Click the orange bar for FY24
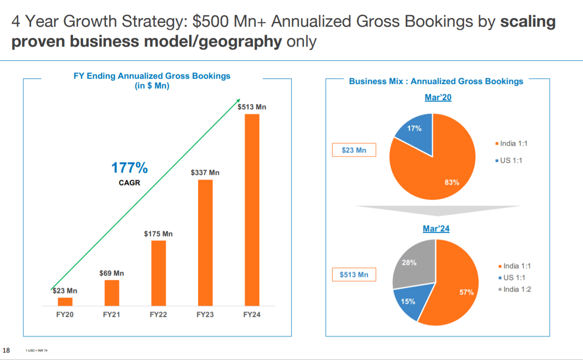(x=252, y=209)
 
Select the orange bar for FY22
(x=158, y=273)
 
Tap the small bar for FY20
(x=65, y=301)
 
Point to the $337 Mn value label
(x=205, y=172)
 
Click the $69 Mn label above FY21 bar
(x=111, y=273)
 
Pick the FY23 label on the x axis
(x=205, y=315)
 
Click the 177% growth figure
(x=130, y=168)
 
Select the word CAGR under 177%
(x=130, y=183)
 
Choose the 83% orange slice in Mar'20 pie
(x=437, y=170)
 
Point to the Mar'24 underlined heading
(x=435, y=228)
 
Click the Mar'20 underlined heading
(x=438, y=97)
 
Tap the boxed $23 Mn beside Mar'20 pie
(x=354, y=150)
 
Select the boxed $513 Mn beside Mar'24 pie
(x=354, y=274)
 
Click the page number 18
(x=6, y=350)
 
